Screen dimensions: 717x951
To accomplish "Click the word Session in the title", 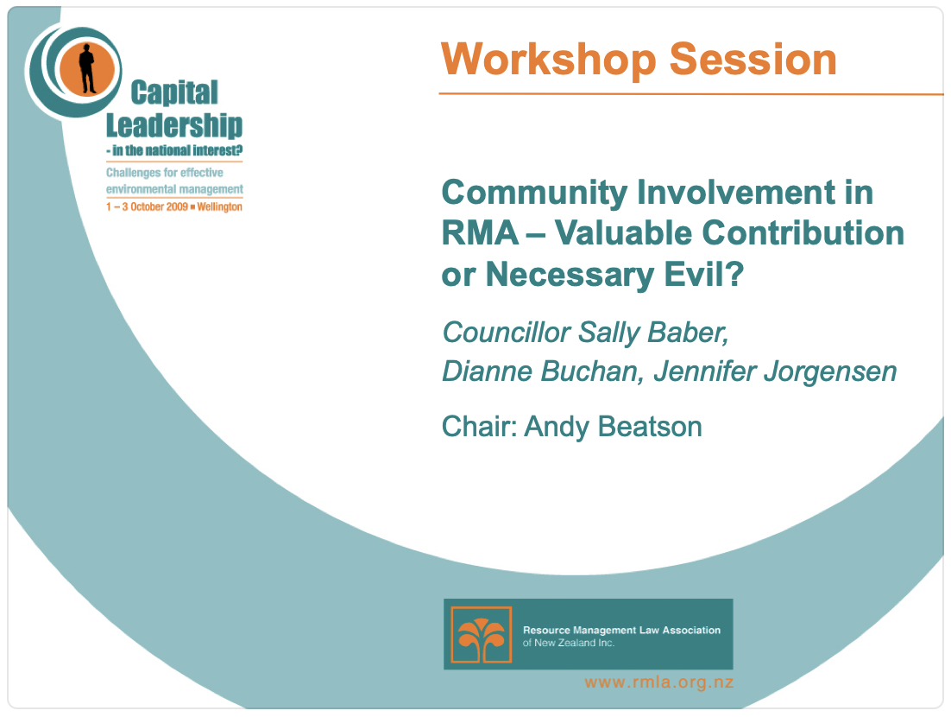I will [x=753, y=60].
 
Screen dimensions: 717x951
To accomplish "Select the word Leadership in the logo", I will [x=174, y=125].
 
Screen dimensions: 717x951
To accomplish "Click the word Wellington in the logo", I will [x=220, y=207].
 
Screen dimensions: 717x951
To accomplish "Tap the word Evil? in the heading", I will [x=708, y=275].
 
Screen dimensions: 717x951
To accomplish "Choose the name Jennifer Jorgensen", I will [x=775, y=371].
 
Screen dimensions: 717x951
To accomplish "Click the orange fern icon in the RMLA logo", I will [x=482, y=635].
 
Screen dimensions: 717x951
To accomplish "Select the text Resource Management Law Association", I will [x=621, y=630].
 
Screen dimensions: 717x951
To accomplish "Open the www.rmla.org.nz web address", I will [x=658, y=682].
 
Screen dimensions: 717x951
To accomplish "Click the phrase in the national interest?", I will [x=175, y=150].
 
